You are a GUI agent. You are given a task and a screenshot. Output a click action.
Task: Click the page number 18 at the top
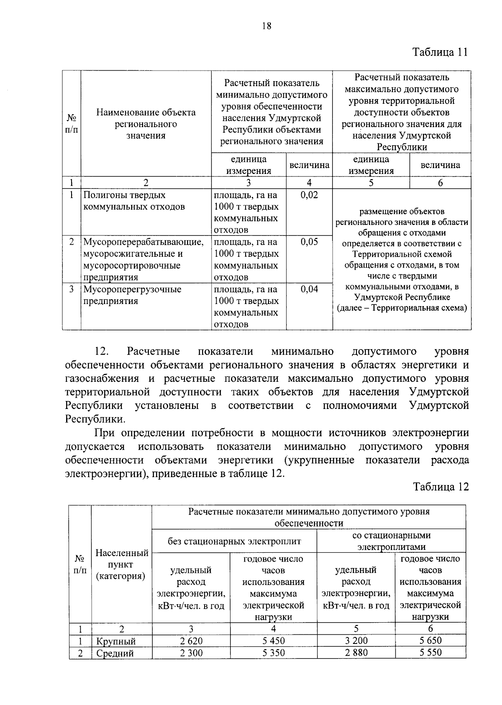[266, 26]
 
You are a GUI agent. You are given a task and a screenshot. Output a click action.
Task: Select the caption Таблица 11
[440, 52]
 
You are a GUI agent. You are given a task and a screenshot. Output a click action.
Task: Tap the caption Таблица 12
[441, 487]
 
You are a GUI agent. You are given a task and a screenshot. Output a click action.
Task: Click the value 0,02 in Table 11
[309, 195]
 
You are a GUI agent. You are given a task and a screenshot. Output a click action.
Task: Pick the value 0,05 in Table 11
[309, 242]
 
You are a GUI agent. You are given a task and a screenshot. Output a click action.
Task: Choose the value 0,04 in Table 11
[309, 289]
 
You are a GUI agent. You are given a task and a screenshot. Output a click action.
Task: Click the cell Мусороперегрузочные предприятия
[132, 295]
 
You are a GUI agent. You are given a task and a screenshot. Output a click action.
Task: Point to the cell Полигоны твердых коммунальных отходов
[134, 201]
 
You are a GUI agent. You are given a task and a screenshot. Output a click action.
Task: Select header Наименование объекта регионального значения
[146, 124]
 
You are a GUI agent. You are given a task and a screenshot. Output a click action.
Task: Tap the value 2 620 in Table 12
[191, 641]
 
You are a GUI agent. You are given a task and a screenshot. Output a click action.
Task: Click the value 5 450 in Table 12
[274, 641]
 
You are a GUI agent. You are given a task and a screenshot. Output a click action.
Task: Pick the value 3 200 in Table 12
[356, 641]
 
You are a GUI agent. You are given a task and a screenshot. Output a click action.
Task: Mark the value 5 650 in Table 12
[430, 641]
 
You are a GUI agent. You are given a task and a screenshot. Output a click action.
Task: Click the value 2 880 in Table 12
[356, 653]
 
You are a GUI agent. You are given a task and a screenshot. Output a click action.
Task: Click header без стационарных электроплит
[234, 542]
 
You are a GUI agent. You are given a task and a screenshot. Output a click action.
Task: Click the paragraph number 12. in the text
[102, 351]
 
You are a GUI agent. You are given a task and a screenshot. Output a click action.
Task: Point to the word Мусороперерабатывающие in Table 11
[143, 242]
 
